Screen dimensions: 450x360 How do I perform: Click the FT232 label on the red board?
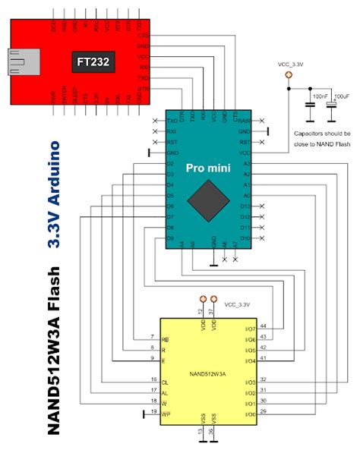[x=92, y=61]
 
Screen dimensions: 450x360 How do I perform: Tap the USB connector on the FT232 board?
[x=21, y=61]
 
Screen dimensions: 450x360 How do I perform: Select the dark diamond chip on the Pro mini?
[x=207, y=201]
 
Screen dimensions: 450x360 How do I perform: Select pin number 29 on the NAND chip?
[x=263, y=411]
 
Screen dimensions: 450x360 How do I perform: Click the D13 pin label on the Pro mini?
[x=244, y=206]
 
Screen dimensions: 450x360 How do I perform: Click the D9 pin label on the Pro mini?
[x=170, y=238]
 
